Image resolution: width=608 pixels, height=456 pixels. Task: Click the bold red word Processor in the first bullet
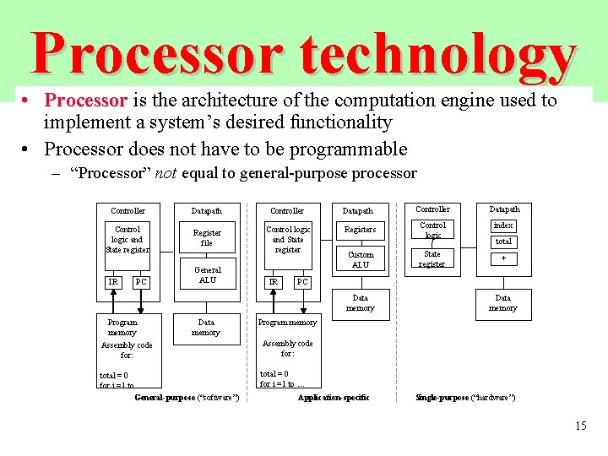pyautogui.click(x=85, y=100)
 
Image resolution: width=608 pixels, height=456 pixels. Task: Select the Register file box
pyautogui.click(x=207, y=237)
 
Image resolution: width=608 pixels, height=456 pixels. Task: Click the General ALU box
pyautogui.click(x=207, y=275)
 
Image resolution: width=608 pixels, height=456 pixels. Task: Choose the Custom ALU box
pyautogui.click(x=361, y=259)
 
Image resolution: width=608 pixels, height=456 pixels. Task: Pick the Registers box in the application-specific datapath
pyautogui.click(x=361, y=229)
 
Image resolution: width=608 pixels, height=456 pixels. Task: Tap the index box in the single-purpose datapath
pyautogui.click(x=503, y=225)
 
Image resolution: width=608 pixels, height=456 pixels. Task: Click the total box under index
pyautogui.click(x=503, y=242)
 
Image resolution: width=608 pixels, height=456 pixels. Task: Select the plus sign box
pyautogui.click(x=503, y=258)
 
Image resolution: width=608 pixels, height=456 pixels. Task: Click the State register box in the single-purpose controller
pyautogui.click(x=432, y=258)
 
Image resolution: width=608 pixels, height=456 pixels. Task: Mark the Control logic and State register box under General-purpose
pyautogui.click(x=128, y=239)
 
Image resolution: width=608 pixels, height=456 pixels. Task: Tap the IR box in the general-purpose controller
pyautogui.click(x=112, y=281)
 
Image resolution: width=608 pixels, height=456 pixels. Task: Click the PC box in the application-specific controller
pyautogui.click(x=302, y=281)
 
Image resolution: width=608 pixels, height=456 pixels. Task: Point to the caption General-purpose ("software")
pyautogui.click(x=187, y=397)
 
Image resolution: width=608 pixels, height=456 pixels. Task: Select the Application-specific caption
pyautogui.click(x=334, y=397)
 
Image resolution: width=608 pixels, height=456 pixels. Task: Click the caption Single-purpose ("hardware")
pyautogui.click(x=465, y=397)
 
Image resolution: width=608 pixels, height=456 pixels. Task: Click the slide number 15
pyautogui.click(x=580, y=426)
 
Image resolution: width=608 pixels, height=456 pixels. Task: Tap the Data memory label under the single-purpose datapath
pyautogui.click(x=502, y=302)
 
